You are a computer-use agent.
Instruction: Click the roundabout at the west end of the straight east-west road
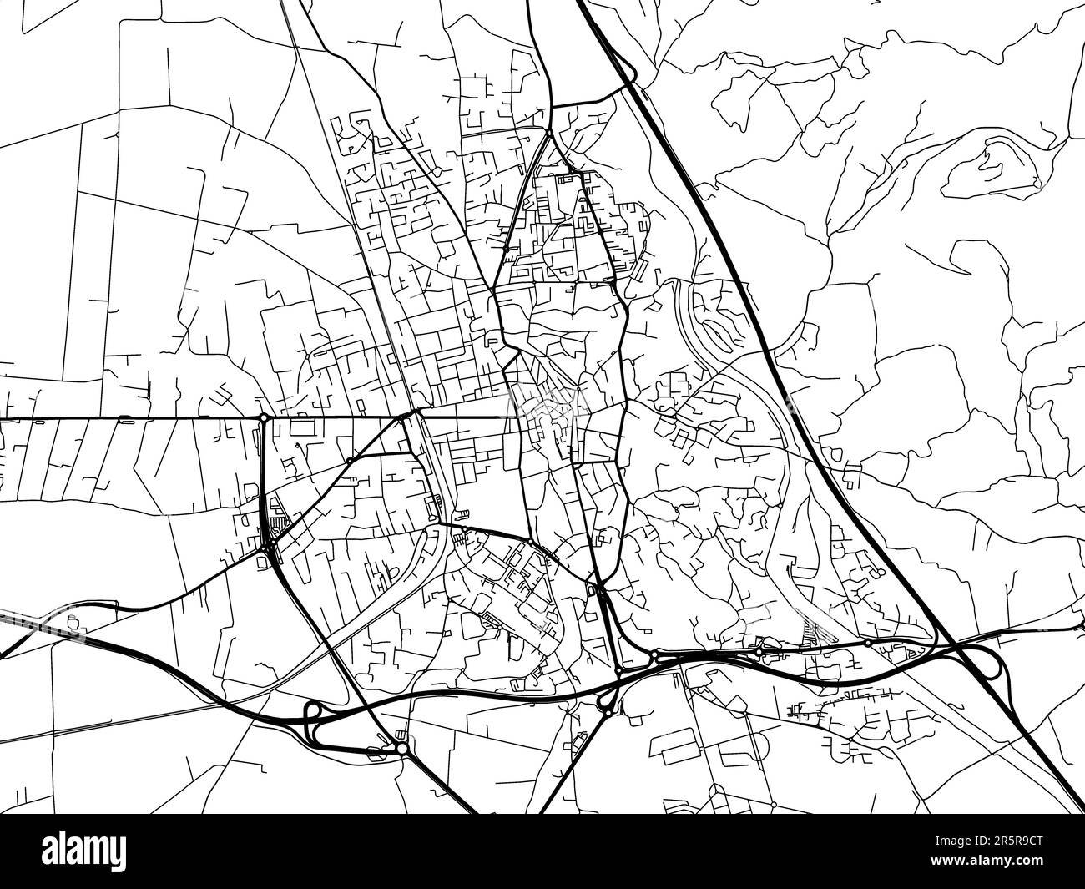coord(263,417)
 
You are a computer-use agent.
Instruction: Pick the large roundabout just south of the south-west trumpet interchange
coord(401,749)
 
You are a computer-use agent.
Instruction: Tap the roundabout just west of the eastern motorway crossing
coord(868,643)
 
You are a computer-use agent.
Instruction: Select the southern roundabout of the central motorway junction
coord(608,710)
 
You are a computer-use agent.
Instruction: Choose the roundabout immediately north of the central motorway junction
coord(618,670)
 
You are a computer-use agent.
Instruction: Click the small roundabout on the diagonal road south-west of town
coord(349,460)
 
